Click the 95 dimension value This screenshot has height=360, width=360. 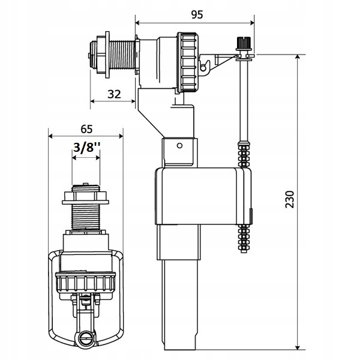197,14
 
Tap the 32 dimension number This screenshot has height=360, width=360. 114,94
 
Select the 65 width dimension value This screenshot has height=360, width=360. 86,129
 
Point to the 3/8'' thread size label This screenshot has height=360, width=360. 87,147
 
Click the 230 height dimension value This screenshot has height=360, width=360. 290,199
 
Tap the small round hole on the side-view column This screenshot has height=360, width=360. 180,145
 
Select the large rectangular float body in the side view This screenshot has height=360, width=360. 203,196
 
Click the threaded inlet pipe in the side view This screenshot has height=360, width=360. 122,55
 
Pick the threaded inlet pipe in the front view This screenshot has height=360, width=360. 86,217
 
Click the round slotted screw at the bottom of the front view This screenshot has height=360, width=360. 86,337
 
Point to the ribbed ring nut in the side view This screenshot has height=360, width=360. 188,62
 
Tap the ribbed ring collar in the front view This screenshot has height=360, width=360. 85,282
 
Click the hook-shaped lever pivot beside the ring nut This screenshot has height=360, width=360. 205,67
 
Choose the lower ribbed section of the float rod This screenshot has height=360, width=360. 244,239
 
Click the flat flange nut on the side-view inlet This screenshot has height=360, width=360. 107,55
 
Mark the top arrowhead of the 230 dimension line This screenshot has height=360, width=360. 298,57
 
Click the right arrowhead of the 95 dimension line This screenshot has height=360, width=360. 252,23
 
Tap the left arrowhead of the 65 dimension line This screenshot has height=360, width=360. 51,136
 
